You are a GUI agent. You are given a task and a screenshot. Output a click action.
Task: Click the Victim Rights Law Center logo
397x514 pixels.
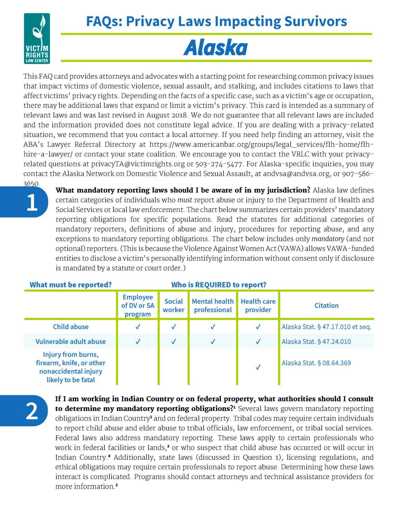37,39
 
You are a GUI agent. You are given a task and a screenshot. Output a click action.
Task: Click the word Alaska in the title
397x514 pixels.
216,48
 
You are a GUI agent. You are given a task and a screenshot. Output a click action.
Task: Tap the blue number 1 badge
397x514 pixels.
32,202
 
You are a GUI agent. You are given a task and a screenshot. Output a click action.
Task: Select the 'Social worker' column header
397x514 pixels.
174,305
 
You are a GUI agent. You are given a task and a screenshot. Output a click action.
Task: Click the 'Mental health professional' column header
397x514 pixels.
213,305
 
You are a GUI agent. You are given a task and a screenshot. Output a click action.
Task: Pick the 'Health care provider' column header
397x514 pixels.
258,305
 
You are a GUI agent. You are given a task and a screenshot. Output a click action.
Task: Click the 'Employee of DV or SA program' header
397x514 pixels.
138,305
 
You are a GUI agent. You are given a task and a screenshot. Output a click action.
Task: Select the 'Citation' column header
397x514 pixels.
326,305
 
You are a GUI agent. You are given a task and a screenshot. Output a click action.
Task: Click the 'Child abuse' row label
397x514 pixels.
71,327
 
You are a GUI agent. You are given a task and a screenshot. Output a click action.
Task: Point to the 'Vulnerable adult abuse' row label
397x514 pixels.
71,342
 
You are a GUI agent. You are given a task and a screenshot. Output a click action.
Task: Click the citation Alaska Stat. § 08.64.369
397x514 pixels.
316,363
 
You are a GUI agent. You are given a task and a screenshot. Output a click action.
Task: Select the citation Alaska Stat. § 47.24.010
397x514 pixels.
316,342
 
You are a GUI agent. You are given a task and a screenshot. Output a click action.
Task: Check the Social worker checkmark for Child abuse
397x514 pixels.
174,327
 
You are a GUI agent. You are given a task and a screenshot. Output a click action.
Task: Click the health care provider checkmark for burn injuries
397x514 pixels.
258,367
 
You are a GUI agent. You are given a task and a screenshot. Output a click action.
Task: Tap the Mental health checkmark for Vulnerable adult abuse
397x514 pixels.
213,342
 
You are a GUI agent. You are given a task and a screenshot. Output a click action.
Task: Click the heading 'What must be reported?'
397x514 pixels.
71,285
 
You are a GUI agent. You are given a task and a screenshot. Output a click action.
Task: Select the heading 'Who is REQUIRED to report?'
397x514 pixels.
219,285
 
